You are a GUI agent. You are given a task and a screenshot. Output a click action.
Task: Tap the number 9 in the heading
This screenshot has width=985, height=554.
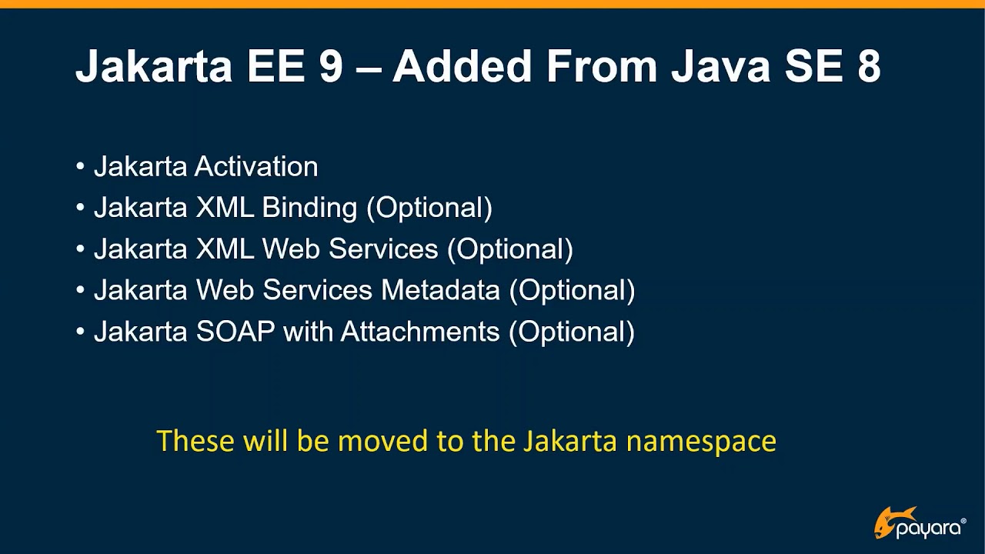click(330, 66)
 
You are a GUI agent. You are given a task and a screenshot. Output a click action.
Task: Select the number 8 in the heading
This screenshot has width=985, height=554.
click(867, 66)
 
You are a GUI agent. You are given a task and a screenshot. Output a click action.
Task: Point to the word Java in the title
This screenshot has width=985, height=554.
click(720, 66)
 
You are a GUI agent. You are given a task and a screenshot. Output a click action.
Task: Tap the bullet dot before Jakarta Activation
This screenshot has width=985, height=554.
click(81, 167)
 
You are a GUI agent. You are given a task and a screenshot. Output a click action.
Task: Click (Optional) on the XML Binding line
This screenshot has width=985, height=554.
click(429, 208)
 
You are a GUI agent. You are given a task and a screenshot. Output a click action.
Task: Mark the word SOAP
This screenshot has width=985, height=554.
click(235, 332)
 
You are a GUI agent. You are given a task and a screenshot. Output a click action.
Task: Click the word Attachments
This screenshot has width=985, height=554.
click(420, 332)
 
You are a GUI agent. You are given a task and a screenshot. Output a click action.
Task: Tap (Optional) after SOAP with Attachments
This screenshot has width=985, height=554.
click(572, 332)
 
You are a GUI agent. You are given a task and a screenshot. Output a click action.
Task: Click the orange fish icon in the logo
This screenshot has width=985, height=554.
click(893, 520)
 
